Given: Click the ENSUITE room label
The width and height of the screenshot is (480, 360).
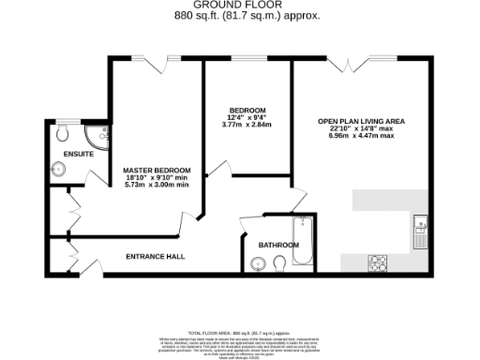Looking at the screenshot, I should coord(78,153).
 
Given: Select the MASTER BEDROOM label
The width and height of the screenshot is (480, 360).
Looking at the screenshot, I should coord(157,170).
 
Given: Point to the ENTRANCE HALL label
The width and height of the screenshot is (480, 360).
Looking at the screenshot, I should coord(156,256).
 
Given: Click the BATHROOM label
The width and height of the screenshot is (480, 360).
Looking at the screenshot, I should coord(278,245).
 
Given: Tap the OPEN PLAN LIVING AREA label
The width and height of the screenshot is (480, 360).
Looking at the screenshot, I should coord(361,121).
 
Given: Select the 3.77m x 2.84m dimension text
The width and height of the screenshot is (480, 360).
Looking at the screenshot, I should coord(245,122).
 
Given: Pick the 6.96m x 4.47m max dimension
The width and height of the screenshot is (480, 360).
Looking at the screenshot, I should coord(361,137).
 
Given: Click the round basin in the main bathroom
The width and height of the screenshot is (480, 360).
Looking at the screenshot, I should coord(251,265).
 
